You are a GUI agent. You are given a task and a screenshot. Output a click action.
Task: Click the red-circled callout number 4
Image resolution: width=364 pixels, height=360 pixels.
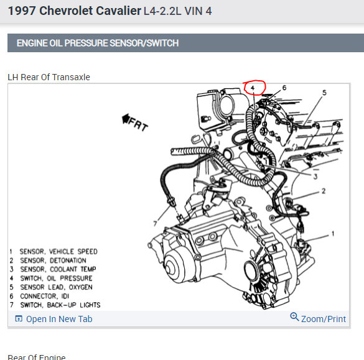tap(253, 88)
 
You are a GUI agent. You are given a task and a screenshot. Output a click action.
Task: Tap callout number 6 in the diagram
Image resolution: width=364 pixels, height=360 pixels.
tap(284, 88)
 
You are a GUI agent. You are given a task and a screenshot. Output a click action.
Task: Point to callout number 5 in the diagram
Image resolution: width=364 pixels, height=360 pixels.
tap(324, 93)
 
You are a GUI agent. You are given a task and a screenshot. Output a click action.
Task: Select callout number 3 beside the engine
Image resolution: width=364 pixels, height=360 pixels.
tap(315, 177)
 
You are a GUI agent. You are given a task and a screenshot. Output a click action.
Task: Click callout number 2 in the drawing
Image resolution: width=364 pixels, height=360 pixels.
tap(324, 191)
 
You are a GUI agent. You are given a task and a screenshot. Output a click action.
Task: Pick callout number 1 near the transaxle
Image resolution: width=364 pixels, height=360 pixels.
tap(333, 234)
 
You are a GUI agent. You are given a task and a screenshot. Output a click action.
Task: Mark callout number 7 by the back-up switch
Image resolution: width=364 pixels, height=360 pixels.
tap(155, 223)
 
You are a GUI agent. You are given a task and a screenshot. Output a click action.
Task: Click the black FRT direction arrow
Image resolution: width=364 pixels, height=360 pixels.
tap(126, 119)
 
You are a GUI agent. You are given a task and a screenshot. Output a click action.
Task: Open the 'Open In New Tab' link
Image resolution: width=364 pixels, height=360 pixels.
tap(59, 319)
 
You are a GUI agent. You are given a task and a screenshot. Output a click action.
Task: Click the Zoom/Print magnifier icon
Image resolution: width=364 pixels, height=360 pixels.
tap(294, 316)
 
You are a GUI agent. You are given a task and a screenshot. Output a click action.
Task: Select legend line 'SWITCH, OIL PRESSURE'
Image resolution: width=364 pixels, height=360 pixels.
tap(56, 278)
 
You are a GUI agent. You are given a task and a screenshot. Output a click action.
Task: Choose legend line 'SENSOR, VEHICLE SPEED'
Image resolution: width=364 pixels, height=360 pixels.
tap(58, 251)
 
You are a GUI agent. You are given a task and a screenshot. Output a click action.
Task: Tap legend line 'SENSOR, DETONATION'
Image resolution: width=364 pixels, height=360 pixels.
tap(53, 261)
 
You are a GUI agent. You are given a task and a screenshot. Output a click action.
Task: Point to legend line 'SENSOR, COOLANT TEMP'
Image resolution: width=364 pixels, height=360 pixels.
tap(58, 269)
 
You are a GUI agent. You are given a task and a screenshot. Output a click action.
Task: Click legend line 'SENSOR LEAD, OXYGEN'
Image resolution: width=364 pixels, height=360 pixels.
tap(56, 287)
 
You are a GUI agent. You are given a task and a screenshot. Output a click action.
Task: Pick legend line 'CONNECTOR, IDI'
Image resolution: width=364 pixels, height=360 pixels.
tap(45, 296)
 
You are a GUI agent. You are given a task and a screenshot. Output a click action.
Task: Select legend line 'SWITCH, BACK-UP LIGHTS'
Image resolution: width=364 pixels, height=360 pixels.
tap(60, 305)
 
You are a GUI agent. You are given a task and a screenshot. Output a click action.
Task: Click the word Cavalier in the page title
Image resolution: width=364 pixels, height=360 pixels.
tap(118, 11)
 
